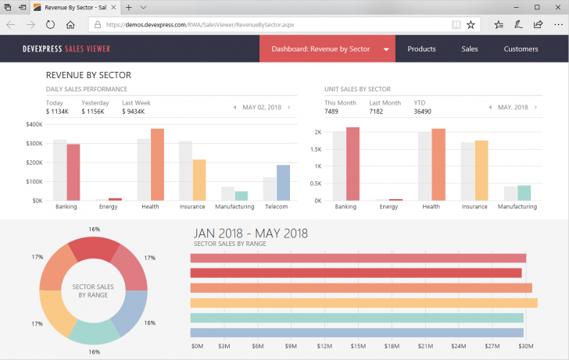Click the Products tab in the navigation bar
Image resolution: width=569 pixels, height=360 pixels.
click(x=421, y=49)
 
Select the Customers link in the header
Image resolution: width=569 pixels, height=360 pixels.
click(x=521, y=49)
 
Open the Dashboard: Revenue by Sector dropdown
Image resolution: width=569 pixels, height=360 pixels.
click(x=328, y=49)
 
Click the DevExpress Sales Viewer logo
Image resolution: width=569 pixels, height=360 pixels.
click(x=66, y=49)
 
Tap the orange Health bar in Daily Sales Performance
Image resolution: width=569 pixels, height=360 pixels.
click(x=157, y=165)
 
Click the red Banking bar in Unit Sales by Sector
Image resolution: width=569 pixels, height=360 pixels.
click(x=352, y=164)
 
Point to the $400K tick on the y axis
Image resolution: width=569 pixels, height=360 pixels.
click(x=34, y=125)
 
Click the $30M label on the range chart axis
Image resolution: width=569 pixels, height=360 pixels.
click(x=527, y=345)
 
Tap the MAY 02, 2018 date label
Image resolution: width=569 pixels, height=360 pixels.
click(x=262, y=107)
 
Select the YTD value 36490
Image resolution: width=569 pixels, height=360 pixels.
click(x=423, y=112)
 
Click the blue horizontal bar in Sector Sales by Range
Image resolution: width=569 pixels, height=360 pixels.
click(x=356, y=332)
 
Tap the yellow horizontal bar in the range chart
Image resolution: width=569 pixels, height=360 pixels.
click(x=363, y=303)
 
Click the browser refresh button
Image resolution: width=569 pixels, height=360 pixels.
click(x=50, y=24)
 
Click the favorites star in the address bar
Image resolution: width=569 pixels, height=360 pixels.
click(x=471, y=24)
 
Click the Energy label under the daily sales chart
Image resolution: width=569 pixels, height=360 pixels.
click(x=109, y=207)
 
